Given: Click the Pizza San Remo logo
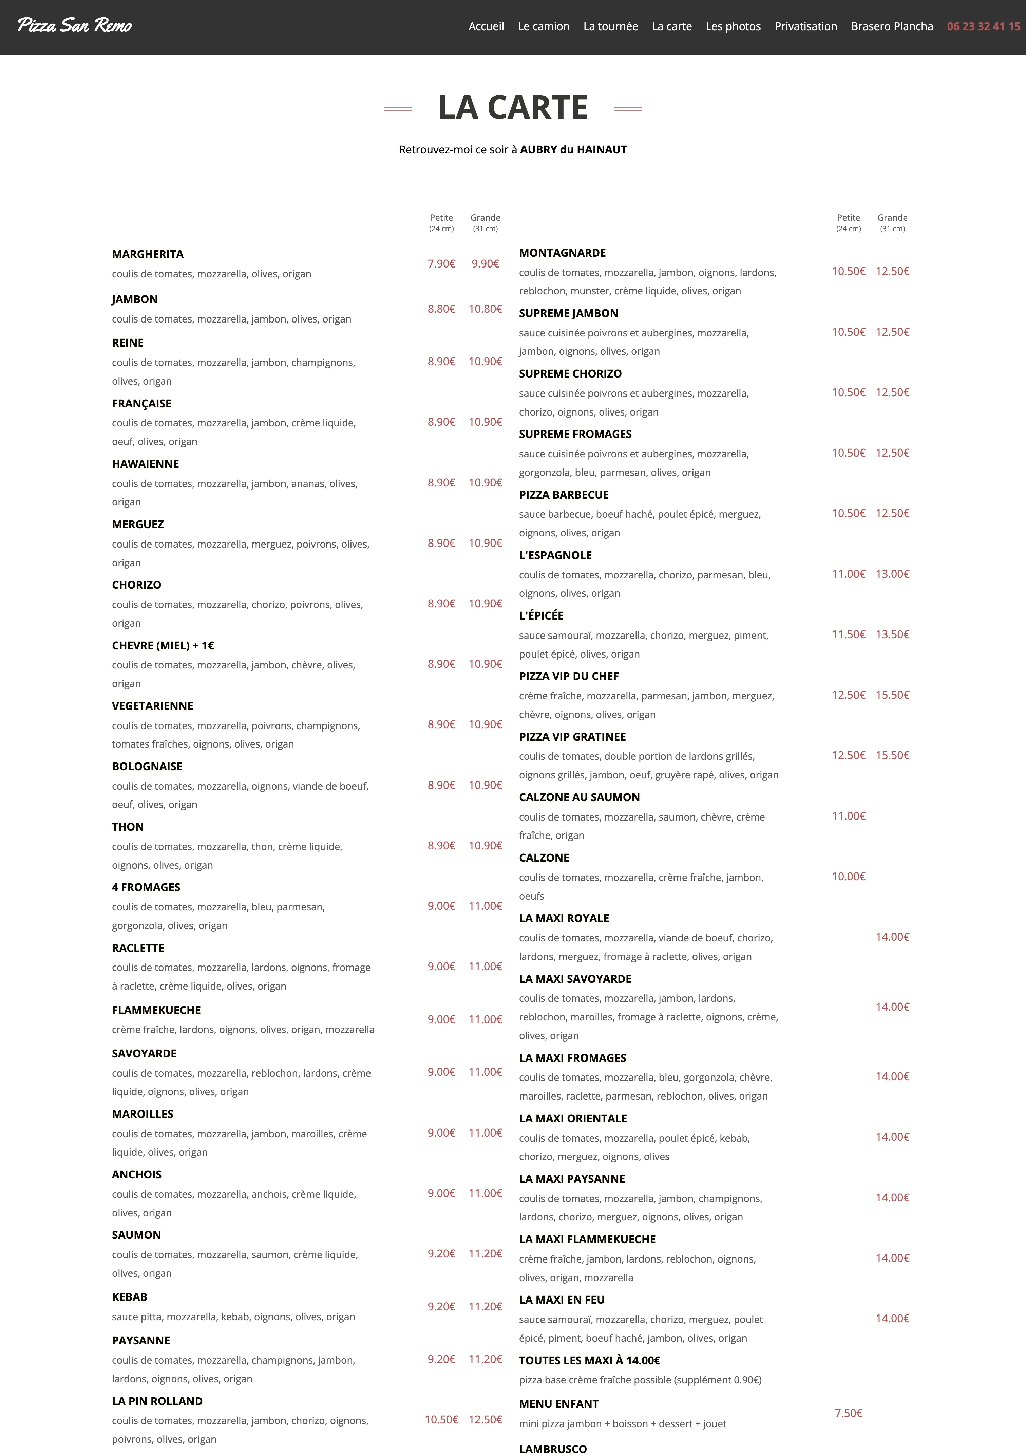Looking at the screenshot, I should (75, 25).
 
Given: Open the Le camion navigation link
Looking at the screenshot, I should (543, 26).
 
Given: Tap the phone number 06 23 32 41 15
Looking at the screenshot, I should (983, 26).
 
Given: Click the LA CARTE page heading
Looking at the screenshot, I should (513, 108).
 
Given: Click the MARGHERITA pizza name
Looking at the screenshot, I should (148, 254).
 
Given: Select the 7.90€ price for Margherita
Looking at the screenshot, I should (441, 263).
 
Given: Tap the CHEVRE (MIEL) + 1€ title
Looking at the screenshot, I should (163, 645).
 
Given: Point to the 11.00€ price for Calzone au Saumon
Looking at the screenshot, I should (848, 816).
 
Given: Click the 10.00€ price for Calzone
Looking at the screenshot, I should (848, 877).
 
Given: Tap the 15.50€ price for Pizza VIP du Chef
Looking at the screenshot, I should (892, 695).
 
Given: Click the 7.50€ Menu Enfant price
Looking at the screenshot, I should (848, 1413).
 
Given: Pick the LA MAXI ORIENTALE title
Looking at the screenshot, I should (572, 1118).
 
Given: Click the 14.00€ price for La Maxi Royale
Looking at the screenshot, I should (892, 937).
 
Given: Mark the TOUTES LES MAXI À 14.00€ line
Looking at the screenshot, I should (589, 1360).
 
